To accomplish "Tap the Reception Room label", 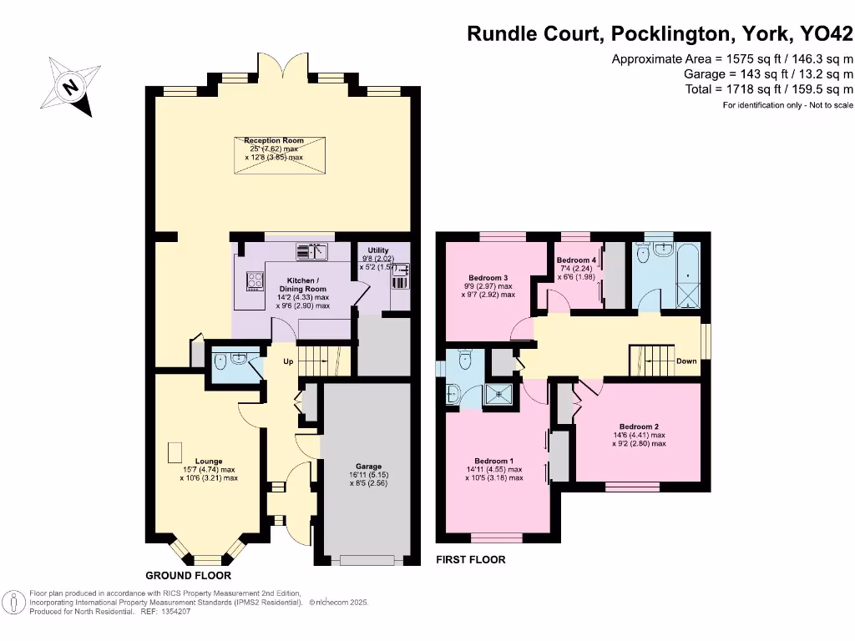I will (274, 140).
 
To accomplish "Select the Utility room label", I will (378, 250).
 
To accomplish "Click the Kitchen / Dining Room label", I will (302, 280).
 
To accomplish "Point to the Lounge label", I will (209, 461).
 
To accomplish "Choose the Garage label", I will (368, 467).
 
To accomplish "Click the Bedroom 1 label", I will (493, 461).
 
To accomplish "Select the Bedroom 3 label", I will (488, 277).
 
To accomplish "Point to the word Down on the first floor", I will (686, 361).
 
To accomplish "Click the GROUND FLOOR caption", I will (188, 576).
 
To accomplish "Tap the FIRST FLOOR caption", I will (471, 559).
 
